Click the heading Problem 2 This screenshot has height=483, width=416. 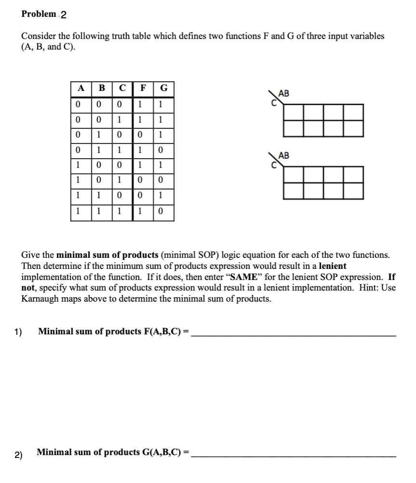coord(44,14)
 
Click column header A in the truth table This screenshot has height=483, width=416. coord(81,89)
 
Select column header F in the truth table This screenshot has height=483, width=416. coord(143,89)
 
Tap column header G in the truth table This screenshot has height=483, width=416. coord(164,89)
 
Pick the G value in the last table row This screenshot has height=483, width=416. coord(164,212)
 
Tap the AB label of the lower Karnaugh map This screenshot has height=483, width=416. coord(284,155)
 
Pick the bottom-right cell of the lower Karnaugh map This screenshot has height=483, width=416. coord(353,191)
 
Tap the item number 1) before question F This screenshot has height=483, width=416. coord(18,331)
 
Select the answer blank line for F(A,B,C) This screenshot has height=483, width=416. coord(294,333)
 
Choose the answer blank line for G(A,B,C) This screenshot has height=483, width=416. coord(294,455)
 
